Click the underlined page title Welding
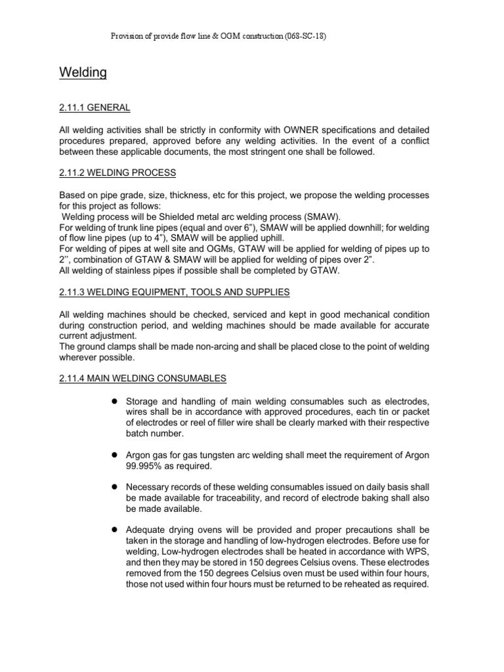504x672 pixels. pyautogui.click(x=83, y=72)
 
